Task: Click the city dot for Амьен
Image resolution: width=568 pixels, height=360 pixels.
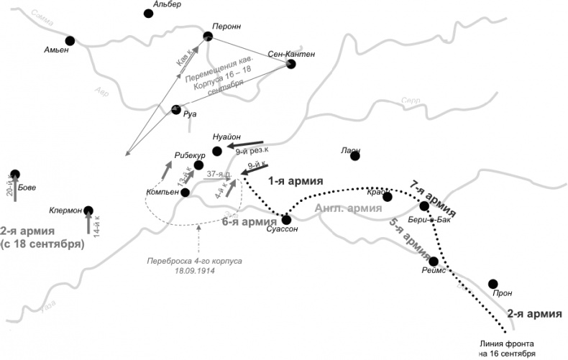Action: (70, 41)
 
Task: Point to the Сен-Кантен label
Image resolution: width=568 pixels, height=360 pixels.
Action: (290, 54)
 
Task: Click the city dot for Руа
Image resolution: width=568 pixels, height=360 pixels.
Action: (175, 110)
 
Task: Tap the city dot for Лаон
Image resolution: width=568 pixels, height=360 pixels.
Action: (354, 156)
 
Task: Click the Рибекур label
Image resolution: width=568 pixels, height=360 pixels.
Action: (190, 155)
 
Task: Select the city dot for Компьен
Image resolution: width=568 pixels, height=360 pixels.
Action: (185, 192)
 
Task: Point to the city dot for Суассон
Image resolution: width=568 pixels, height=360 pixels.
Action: (286, 219)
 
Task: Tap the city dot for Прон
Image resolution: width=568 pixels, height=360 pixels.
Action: (493, 284)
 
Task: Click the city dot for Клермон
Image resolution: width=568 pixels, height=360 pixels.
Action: (88, 211)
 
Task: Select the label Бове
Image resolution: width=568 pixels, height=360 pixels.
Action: (27, 188)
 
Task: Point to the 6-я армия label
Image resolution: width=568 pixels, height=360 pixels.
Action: (249, 222)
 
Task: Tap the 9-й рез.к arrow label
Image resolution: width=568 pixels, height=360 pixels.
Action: (252, 150)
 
